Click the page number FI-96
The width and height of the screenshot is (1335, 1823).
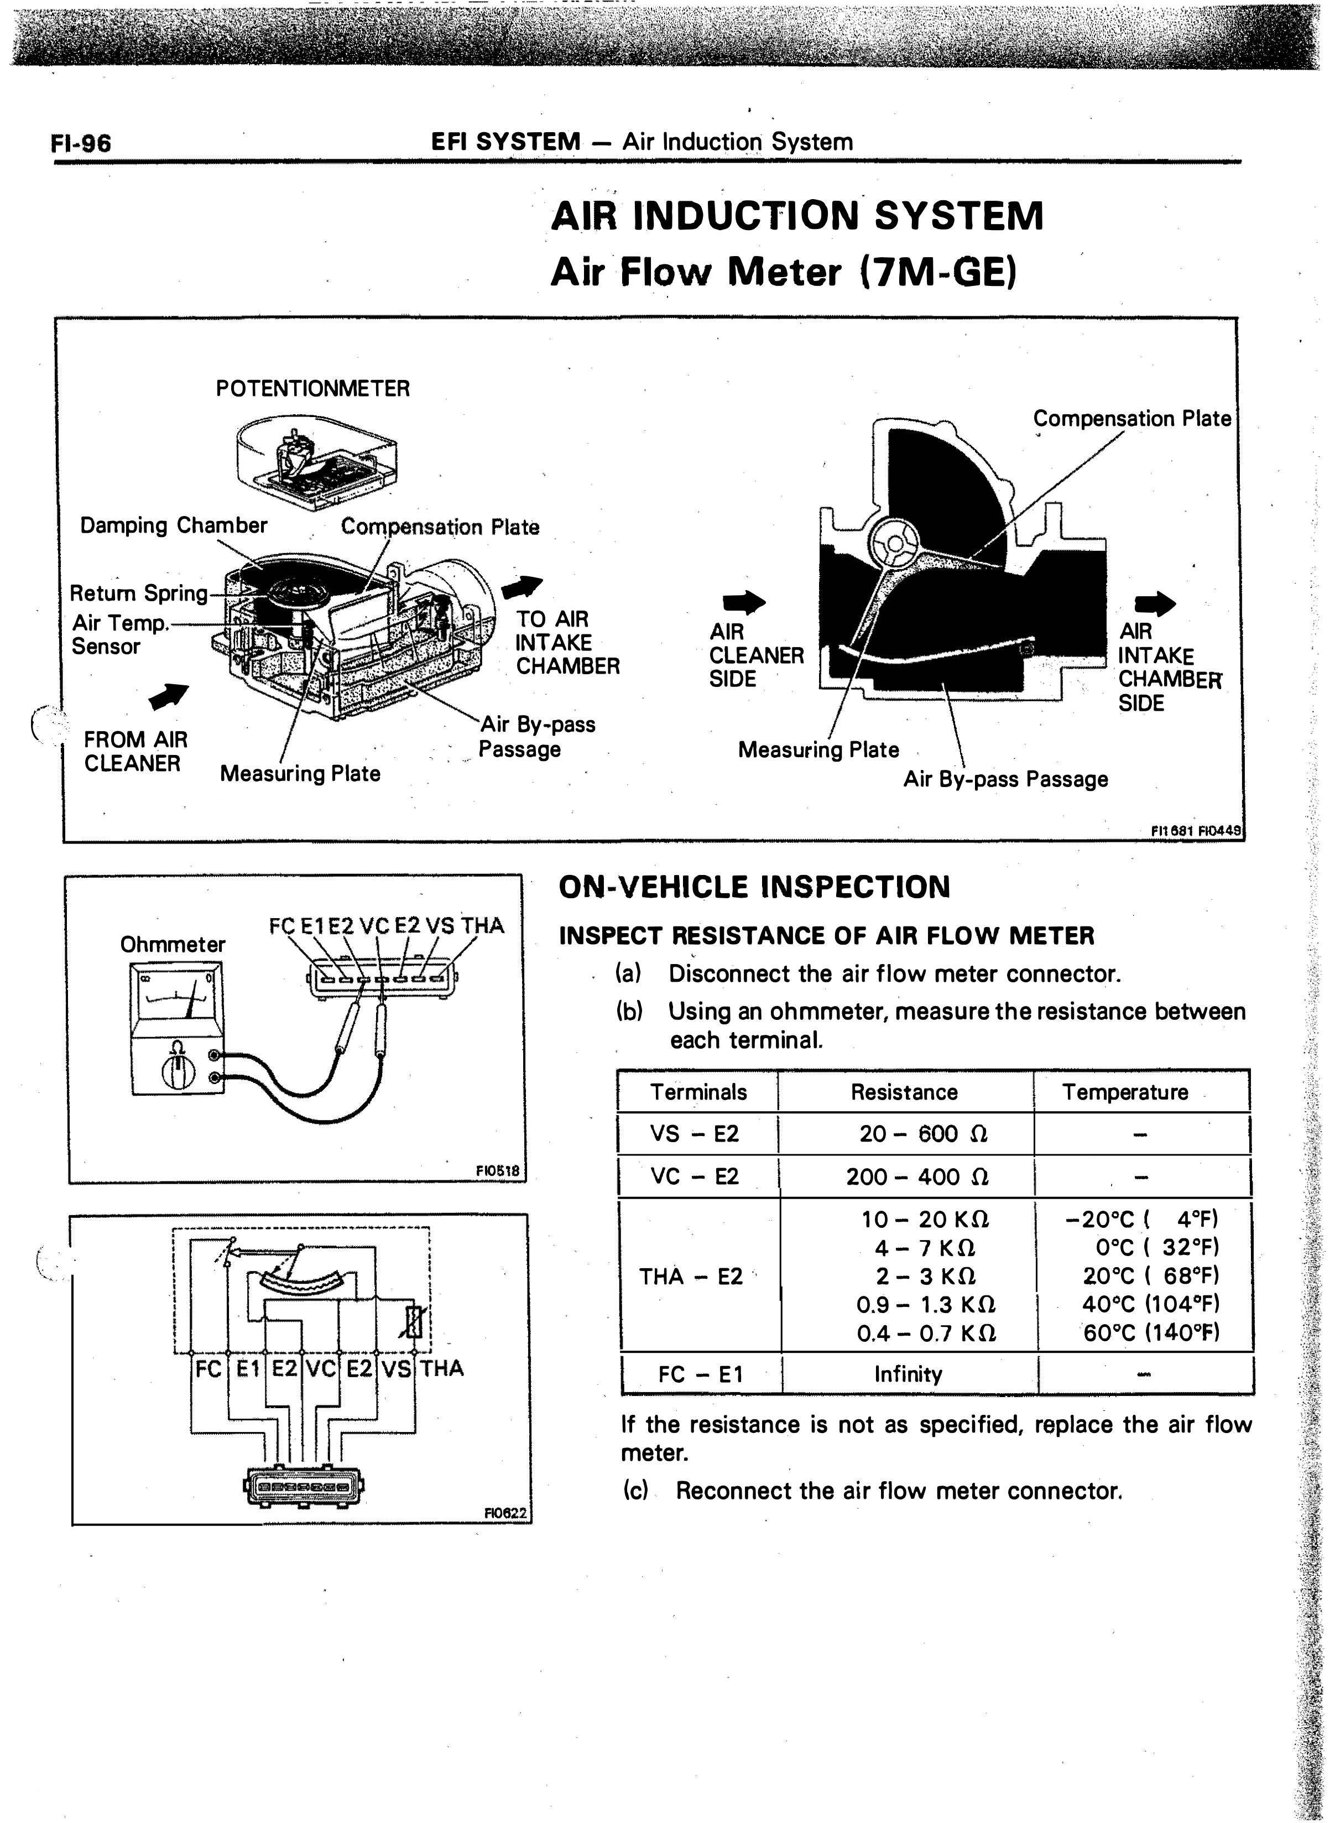[x=81, y=143]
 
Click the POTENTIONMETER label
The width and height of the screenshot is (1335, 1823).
[x=313, y=389]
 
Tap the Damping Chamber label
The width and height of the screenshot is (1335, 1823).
[x=174, y=525]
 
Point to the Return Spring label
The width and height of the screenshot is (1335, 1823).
[x=139, y=593]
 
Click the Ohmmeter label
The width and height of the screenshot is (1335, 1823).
[x=173, y=945]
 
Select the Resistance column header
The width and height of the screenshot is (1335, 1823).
[x=904, y=1092]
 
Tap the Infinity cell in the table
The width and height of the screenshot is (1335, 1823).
[x=908, y=1374]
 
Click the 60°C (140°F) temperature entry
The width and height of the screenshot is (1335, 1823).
[x=1151, y=1332]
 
